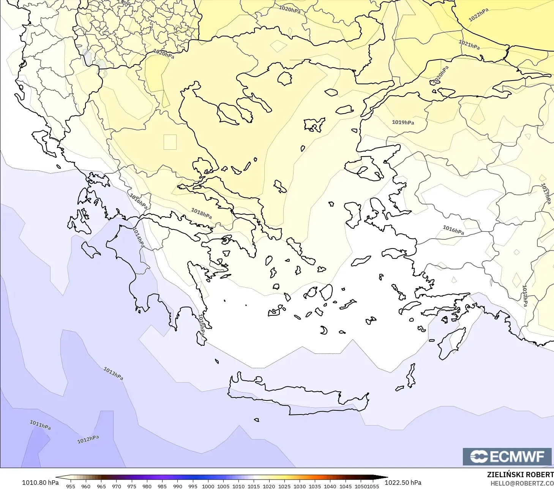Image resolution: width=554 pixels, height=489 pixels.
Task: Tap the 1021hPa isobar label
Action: pyautogui.click(x=469, y=45)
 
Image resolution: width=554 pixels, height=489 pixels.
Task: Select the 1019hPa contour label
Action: pyautogui.click(x=403, y=122)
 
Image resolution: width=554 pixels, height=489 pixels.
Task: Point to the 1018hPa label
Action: pyautogui.click(x=201, y=214)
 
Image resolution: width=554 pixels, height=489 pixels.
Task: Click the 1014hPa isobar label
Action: pyautogui.click(x=139, y=238)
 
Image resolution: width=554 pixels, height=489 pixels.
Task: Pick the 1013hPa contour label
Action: pyautogui.click(x=113, y=373)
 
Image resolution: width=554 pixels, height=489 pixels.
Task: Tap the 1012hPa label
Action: pyautogui.click(x=88, y=440)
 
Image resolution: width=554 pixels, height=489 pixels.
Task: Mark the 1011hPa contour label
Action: pyautogui.click(x=40, y=425)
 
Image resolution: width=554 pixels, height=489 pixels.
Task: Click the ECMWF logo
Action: pyautogui.click(x=507, y=456)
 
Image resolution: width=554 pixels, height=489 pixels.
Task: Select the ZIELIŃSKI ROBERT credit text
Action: pyautogui.click(x=520, y=475)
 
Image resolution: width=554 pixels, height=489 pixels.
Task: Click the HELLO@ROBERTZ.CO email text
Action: pyautogui.click(x=522, y=483)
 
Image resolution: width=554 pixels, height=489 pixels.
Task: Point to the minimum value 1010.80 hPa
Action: pyautogui.click(x=40, y=483)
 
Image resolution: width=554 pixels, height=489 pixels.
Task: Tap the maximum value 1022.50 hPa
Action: pyautogui.click(x=403, y=483)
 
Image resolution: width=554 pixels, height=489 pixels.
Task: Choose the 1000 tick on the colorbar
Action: pyautogui.click(x=208, y=486)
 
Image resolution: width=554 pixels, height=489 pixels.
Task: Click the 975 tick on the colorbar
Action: pyautogui.click(x=131, y=486)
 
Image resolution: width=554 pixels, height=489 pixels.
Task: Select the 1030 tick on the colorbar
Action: pyautogui.click(x=299, y=486)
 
